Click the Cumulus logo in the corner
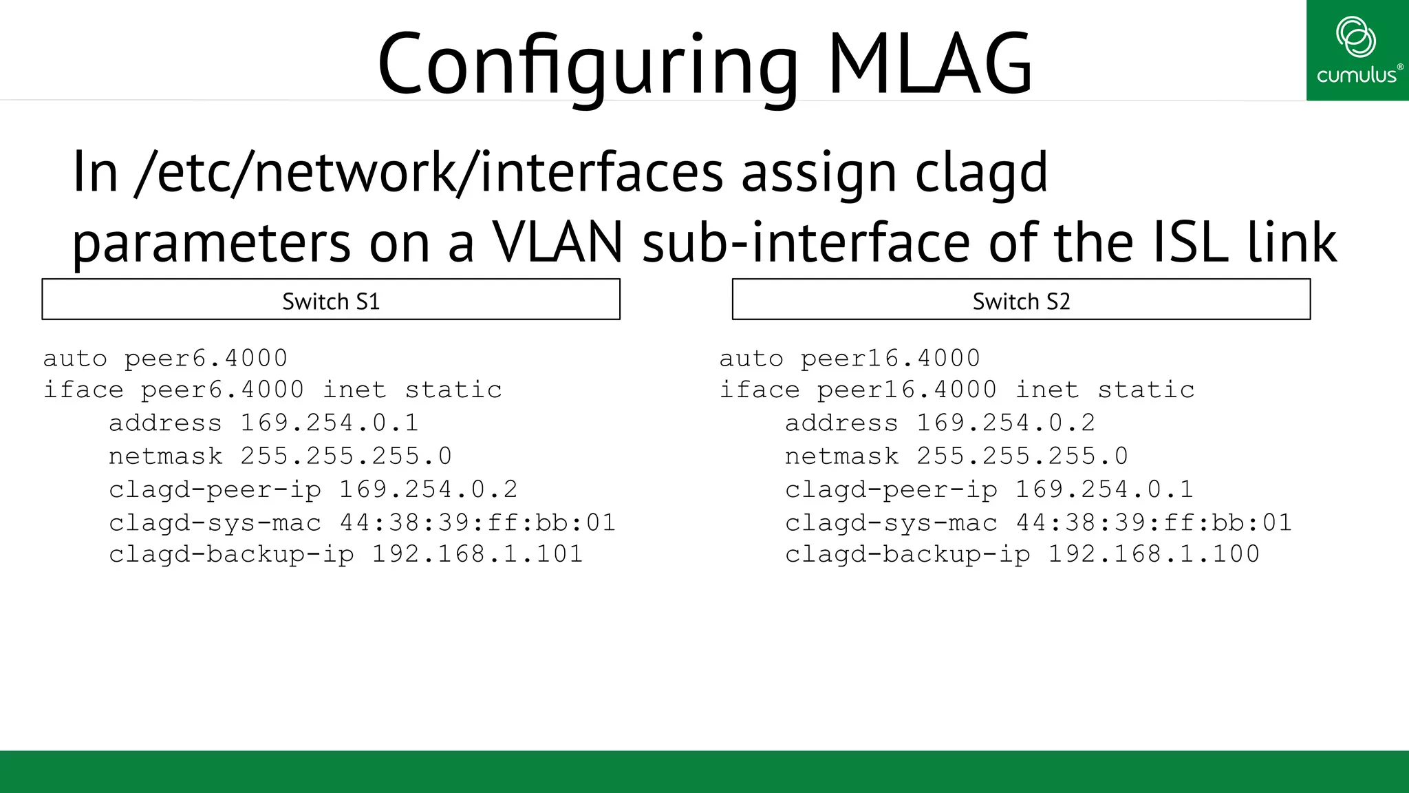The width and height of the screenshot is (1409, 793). click(x=1357, y=51)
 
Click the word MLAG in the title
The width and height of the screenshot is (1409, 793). click(x=930, y=63)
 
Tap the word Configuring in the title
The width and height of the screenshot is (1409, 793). click(x=588, y=63)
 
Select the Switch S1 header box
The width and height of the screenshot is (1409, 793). click(x=331, y=299)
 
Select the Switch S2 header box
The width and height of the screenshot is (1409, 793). click(x=1021, y=299)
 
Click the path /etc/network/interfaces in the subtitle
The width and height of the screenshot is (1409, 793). click(x=429, y=172)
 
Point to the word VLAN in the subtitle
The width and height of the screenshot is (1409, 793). click(x=557, y=242)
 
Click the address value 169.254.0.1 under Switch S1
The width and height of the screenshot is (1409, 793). click(x=330, y=423)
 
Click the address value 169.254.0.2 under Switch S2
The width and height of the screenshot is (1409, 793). click(x=1006, y=423)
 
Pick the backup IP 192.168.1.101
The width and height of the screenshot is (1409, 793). click(x=477, y=554)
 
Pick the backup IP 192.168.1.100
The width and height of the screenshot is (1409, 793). click(x=1154, y=554)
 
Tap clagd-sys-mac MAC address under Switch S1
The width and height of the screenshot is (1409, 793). click(x=477, y=522)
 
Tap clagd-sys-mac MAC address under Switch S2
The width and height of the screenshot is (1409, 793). click(x=1154, y=522)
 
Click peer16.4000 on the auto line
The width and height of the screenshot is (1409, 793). click(x=890, y=359)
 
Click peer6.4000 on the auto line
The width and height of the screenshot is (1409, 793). click(x=206, y=359)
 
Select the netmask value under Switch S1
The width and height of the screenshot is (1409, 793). click(x=346, y=456)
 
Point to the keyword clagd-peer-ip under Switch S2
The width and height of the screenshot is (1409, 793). click(x=891, y=489)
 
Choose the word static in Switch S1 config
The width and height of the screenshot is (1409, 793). click(x=453, y=390)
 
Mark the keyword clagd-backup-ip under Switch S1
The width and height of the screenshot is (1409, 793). click(x=231, y=554)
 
